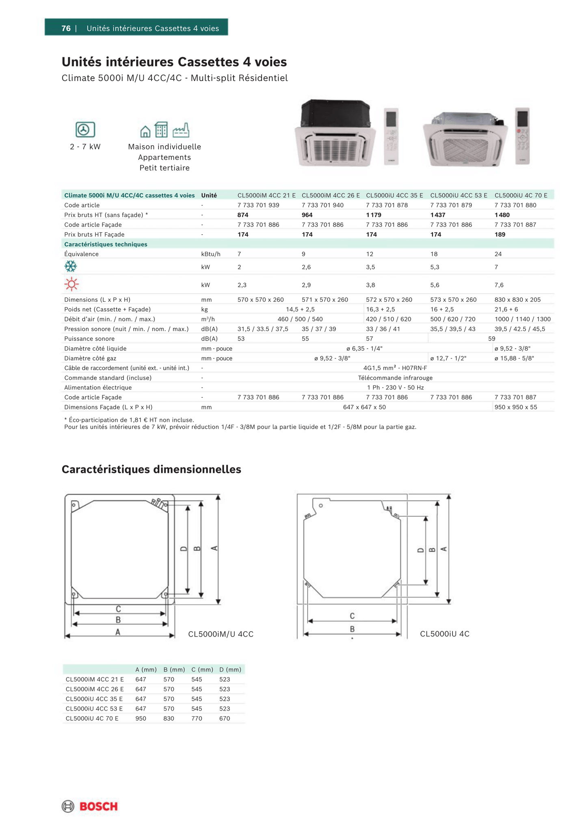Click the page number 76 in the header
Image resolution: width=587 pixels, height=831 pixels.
coord(66,28)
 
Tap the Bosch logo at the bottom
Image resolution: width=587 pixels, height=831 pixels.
coord(90,806)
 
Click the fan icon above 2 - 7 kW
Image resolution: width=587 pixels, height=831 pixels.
coord(85,130)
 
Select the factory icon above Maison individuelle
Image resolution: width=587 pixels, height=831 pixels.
coord(181,130)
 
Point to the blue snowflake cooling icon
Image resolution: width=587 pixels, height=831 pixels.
coord(71,266)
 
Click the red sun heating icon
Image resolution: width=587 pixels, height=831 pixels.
coord(71,284)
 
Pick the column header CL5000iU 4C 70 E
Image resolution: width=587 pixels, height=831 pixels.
coord(521,195)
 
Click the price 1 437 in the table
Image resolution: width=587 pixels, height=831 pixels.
coord(438,215)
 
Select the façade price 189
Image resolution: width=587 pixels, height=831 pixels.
coord(500,234)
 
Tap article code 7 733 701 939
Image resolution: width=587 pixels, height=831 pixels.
coord(258,205)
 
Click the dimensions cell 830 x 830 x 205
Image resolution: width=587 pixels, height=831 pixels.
coord(518,299)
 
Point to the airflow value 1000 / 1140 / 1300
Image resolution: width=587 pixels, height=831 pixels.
coord(522,319)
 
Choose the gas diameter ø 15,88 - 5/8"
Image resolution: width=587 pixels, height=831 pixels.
coord(514,358)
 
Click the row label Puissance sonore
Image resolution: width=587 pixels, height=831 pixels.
coord(89,338)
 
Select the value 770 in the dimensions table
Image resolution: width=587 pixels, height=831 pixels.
coord(197,718)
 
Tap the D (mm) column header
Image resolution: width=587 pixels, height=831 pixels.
coord(230,670)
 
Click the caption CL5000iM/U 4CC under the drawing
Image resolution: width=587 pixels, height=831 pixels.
coord(221,634)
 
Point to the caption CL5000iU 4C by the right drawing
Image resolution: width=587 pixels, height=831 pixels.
coord(444,634)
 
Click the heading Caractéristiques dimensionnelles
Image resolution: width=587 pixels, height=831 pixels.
coord(151,469)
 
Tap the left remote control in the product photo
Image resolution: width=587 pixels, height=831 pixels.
coord(391,136)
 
